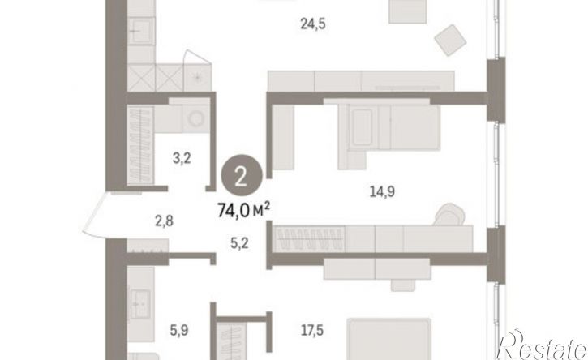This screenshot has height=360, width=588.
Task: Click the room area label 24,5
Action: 313,24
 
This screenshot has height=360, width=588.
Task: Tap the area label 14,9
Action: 382,192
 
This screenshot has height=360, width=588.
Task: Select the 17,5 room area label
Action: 312,331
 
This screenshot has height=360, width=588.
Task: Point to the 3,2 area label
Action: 182,158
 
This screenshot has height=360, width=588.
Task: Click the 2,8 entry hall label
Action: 165,221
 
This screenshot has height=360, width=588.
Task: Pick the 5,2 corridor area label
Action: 239,244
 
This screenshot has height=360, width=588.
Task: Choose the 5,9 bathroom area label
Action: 179,331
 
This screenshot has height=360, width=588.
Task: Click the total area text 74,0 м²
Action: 244,211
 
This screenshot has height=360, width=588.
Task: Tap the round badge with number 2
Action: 242,175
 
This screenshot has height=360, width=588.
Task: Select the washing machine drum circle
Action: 195,119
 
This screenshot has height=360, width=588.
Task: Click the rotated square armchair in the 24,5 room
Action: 451,40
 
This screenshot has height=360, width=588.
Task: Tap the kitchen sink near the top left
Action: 141,31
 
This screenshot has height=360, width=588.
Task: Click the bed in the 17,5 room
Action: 388,339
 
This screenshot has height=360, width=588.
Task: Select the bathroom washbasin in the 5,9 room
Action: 140,305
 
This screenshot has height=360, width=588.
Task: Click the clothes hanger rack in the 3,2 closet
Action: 140,145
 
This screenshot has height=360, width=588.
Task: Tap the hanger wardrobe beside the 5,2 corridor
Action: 310,239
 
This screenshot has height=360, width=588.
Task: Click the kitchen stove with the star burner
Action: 197,77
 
